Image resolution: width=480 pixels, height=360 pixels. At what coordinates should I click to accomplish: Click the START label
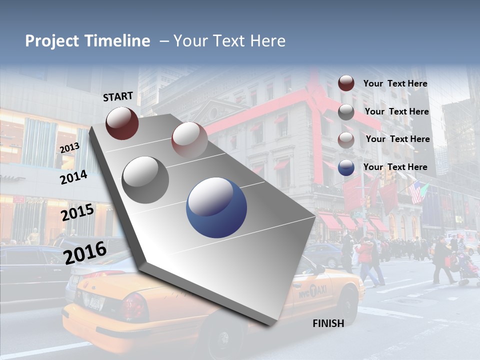point(118,96)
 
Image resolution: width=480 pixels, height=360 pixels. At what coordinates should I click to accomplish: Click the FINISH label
point(328,323)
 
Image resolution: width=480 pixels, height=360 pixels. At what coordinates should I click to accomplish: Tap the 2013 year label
point(69,148)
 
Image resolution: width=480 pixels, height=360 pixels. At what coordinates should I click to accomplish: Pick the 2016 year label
point(85,252)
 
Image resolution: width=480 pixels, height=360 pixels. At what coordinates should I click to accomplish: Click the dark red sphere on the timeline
point(122,123)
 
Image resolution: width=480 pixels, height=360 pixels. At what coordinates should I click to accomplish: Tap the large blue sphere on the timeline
point(216,208)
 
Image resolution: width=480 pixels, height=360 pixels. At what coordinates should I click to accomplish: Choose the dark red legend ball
point(346,83)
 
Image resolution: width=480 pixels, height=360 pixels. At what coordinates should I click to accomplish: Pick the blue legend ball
point(346,167)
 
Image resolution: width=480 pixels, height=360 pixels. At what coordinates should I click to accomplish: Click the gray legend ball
point(346,112)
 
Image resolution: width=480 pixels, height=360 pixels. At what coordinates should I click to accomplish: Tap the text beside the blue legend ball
point(395,167)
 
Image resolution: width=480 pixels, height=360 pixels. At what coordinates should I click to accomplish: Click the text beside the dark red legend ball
point(395,83)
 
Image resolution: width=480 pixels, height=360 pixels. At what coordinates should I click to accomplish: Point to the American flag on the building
point(416,191)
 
